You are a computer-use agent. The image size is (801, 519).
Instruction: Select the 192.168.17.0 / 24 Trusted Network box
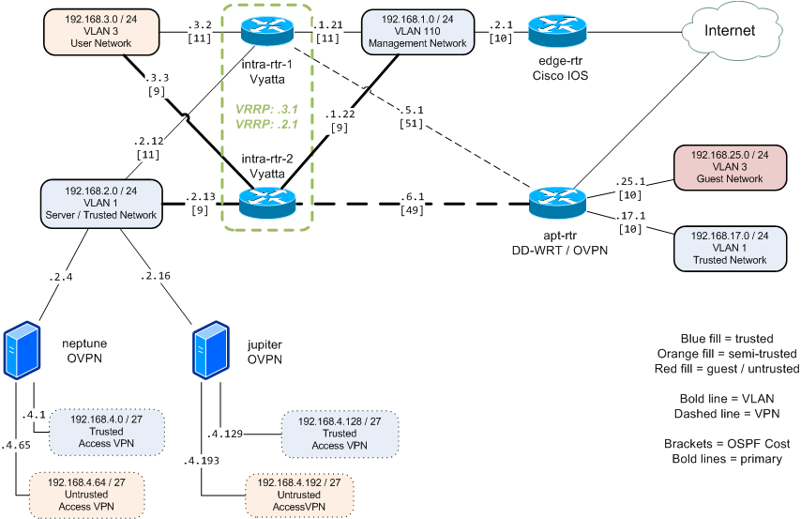pyautogui.click(x=727, y=246)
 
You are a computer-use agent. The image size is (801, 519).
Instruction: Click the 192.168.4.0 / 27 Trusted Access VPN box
pyautogui.click(x=107, y=429)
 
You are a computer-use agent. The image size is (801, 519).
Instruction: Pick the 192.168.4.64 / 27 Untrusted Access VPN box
pyautogui.click(x=88, y=492)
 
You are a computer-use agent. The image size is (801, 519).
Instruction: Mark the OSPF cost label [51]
pyautogui.click(x=410, y=123)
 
